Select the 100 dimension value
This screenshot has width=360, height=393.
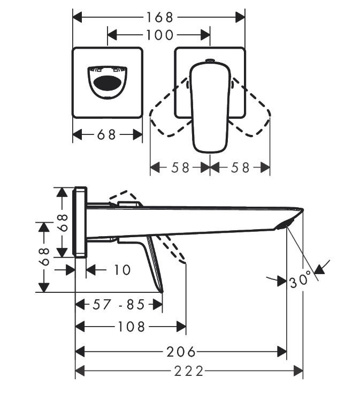tap(159, 35)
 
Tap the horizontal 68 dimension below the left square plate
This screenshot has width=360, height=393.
tap(107, 134)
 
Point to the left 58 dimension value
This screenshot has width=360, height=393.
tap(181, 167)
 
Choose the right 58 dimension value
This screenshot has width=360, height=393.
tap(241, 167)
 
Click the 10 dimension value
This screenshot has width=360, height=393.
tap(122, 270)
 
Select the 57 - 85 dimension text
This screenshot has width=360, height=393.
tap(119, 305)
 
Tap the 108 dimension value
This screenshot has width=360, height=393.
tap(130, 326)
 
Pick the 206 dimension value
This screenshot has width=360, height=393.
tap(181, 352)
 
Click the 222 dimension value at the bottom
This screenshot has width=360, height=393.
tap(189, 371)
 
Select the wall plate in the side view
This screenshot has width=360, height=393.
tap(80, 222)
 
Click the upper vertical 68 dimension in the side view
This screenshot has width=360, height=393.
tap(63, 222)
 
